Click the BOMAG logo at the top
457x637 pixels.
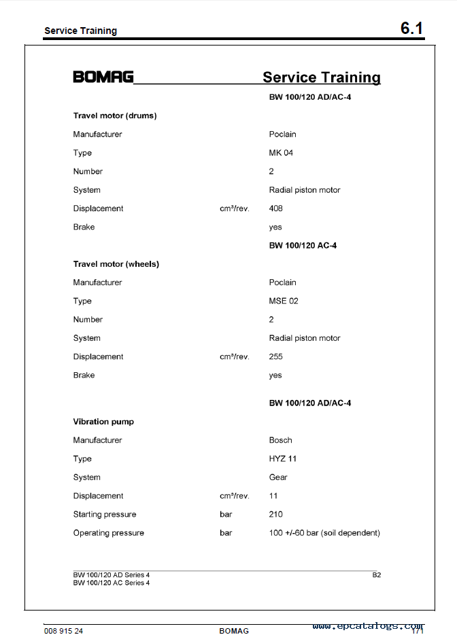(x=103, y=77)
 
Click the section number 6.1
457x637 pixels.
(x=411, y=29)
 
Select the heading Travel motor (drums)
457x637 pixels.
(x=115, y=115)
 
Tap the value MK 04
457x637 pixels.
(x=281, y=153)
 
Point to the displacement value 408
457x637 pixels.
(x=275, y=208)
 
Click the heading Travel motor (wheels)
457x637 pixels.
(x=116, y=263)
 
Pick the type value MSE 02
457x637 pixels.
(x=284, y=301)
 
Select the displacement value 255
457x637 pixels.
(x=275, y=357)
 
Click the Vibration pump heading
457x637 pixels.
(x=103, y=421)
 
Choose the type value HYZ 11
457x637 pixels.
(x=283, y=458)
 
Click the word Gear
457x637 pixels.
(x=278, y=477)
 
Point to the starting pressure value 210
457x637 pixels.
(x=275, y=514)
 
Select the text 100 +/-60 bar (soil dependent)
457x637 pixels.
(x=324, y=533)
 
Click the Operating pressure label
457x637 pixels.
(x=109, y=533)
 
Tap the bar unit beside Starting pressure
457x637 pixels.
(x=226, y=514)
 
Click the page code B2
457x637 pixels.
(x=376, y=575)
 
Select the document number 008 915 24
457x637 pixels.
(x=64, y=631)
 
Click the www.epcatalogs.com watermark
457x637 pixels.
(x=367, y=626)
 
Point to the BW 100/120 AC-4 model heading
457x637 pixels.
(x=303, y=245)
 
